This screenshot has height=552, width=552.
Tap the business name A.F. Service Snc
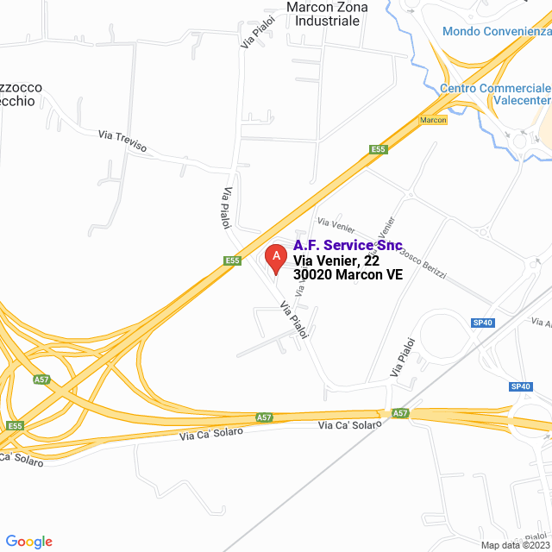coord(348,246)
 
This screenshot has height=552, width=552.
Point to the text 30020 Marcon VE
coord(348,275)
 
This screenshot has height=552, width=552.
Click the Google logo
coord(28,541)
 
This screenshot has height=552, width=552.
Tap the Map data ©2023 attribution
coord(515,545)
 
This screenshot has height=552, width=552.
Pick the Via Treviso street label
coord(122,141)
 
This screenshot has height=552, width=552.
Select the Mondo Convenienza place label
coord(496,32)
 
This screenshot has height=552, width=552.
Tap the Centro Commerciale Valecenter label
coord(495,94)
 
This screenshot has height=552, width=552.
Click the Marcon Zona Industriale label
coord(326,14)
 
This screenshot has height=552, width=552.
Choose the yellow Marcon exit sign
coord(433,120)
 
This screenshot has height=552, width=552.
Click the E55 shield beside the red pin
coord(232,260)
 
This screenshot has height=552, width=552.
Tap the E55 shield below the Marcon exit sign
coord(378,149)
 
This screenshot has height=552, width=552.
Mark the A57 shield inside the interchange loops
coord(41,379)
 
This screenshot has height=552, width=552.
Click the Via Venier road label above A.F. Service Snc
coord(336,225)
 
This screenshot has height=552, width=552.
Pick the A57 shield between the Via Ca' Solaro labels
coord(265,417)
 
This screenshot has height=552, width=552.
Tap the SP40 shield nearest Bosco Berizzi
coord(482,323)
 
